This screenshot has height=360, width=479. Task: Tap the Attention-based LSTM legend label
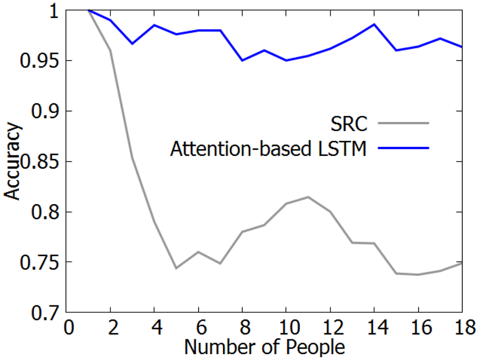pos(269,149)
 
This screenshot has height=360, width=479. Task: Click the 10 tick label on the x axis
pos(285,328)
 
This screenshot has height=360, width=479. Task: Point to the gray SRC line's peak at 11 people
pos(308,197)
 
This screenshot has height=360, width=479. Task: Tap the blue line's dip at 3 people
pos(132,43)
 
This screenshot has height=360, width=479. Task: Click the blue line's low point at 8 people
pos(242,60)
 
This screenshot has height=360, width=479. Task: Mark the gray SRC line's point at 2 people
pos(110,50)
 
